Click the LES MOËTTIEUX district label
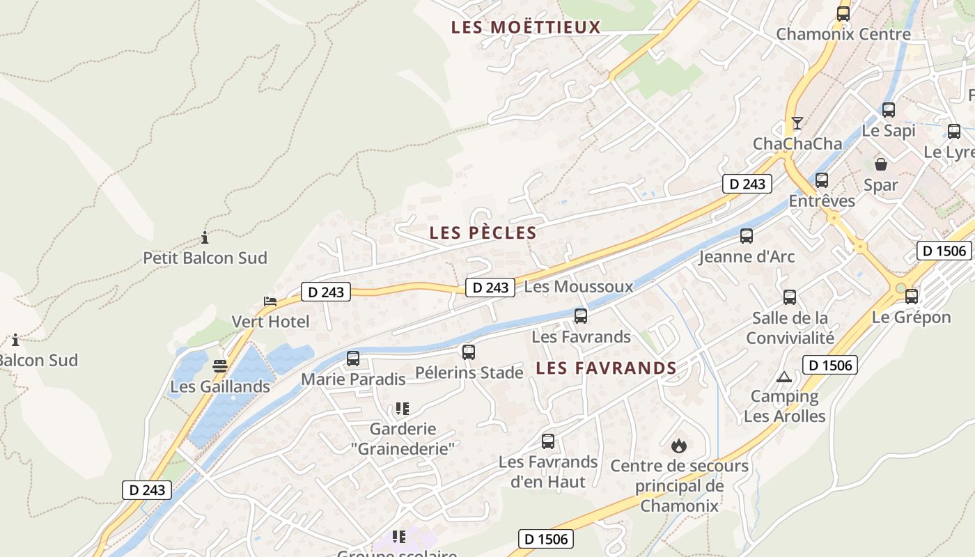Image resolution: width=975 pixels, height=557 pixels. (x=525, y=27)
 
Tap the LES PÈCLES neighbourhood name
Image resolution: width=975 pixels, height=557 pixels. (x=483, y=233)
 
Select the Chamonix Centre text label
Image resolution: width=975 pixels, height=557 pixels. (x=843, y=34)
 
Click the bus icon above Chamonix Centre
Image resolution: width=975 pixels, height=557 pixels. (x=843, y=13)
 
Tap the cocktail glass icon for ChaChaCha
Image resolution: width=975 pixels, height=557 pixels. (x=797, y=123)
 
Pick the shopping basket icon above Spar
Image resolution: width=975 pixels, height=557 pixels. (x=881, y=164)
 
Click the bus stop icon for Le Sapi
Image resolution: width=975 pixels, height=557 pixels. (x=889, y=109)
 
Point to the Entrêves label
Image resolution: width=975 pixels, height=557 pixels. (x=822, y=201)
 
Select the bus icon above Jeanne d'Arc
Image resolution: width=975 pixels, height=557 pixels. (x=747, y=235)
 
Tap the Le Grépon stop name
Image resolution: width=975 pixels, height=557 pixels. (x=911, y=317)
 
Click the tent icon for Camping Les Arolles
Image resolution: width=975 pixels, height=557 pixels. (x=784, y=377)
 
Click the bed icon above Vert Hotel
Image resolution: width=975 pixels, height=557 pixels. (x=270, y=301)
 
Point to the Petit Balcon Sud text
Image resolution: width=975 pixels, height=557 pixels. (x=205, y=258)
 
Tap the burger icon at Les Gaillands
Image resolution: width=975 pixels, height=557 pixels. (x=220, y=366)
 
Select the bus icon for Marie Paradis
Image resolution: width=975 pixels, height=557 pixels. (x=353, y=359)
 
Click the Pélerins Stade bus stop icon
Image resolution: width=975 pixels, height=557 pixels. (x=469, y=352)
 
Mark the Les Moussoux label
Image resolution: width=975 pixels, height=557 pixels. (x=579, y=286)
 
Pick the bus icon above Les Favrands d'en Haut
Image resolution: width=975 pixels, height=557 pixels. (x=548, y=441)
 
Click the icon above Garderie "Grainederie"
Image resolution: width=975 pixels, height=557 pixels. (x=402, y=408)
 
